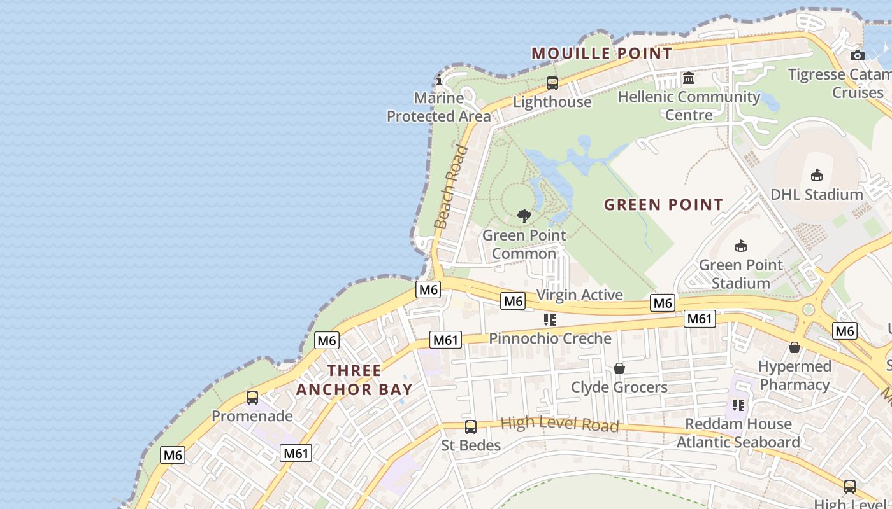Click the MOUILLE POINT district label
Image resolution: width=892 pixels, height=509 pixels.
coord(601,53)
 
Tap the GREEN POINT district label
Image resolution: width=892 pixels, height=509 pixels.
coord(663,205)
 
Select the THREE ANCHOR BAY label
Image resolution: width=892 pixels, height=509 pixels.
coord(354,380)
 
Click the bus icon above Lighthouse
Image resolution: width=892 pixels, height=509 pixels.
coord(552,83)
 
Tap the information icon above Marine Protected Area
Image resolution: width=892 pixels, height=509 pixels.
coord(439,80)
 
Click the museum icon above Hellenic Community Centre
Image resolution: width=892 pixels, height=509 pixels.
coord(689,78)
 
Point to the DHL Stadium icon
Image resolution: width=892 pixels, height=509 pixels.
coord(816,176)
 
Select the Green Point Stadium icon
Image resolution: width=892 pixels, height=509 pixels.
coord(741,246)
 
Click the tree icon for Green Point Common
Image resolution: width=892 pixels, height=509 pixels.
coord(524,216)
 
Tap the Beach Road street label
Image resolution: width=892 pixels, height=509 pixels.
coord(450,187)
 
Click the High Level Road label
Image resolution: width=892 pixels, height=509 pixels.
coord(559,424)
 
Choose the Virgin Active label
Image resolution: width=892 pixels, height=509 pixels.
coord(579,295)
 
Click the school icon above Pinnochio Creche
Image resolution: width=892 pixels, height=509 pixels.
coord(550,319)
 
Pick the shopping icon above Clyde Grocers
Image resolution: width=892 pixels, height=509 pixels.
coord(619,368)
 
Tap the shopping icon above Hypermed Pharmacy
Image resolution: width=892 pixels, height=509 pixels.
coord(795,347)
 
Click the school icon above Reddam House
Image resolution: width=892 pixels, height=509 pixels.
coord(738,405)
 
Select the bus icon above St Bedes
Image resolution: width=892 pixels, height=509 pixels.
coord(471,427)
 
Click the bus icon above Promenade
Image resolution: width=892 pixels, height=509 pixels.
coord(252,398)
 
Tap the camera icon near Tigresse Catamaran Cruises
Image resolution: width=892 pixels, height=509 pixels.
coord(858,55)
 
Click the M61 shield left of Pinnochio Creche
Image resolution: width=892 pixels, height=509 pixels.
coord(445,340)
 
